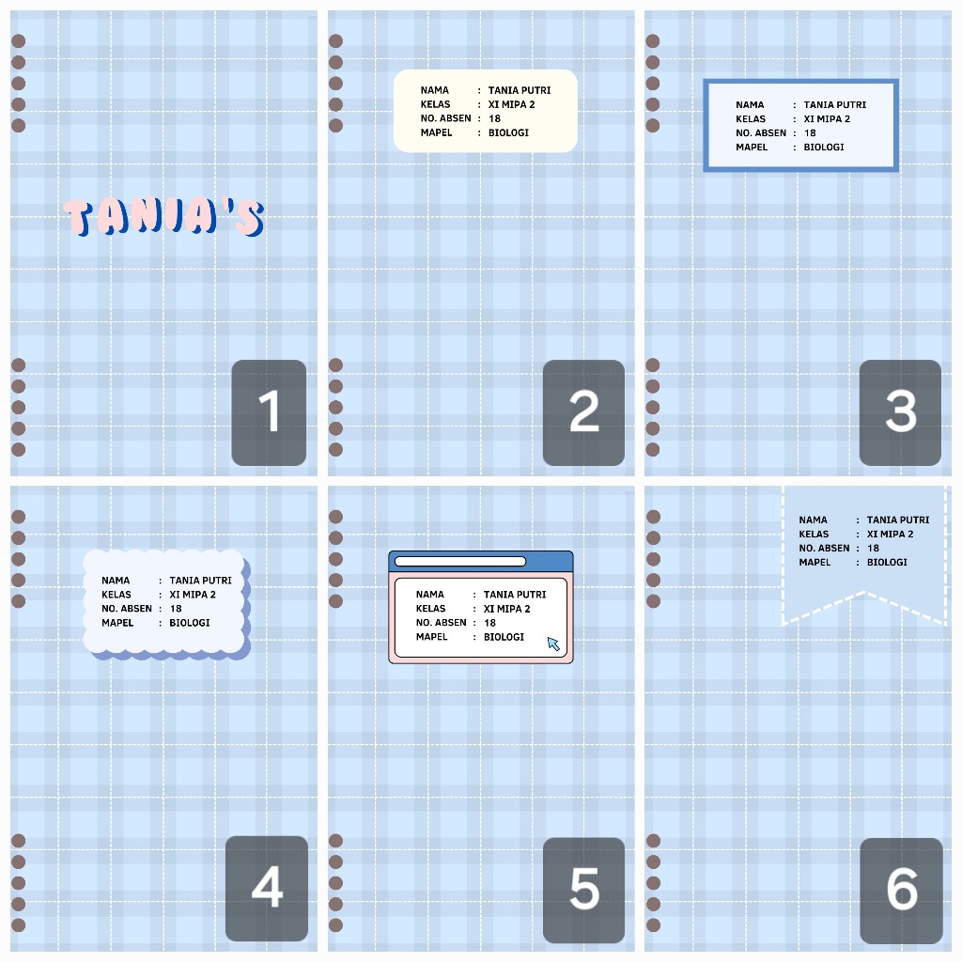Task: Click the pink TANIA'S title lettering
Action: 163,217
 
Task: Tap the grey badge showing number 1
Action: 269,412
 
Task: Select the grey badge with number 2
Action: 583,412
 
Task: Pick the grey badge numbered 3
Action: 900,412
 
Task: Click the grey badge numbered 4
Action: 267,888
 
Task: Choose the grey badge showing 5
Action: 583,889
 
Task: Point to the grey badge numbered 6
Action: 901,890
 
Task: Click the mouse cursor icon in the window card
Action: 553,643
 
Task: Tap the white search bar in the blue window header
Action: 459,562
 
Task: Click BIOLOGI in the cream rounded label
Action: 508,133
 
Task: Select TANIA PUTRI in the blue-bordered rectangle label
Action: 835,105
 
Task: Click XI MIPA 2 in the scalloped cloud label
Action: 193,595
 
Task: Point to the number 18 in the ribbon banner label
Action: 873,549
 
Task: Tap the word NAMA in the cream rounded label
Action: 435,91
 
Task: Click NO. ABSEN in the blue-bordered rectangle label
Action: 761,133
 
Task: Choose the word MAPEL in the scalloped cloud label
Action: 117,623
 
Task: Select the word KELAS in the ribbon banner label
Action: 814,535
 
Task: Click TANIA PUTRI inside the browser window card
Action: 515,595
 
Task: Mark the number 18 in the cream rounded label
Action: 494,119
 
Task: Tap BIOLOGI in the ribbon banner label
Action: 887,563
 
